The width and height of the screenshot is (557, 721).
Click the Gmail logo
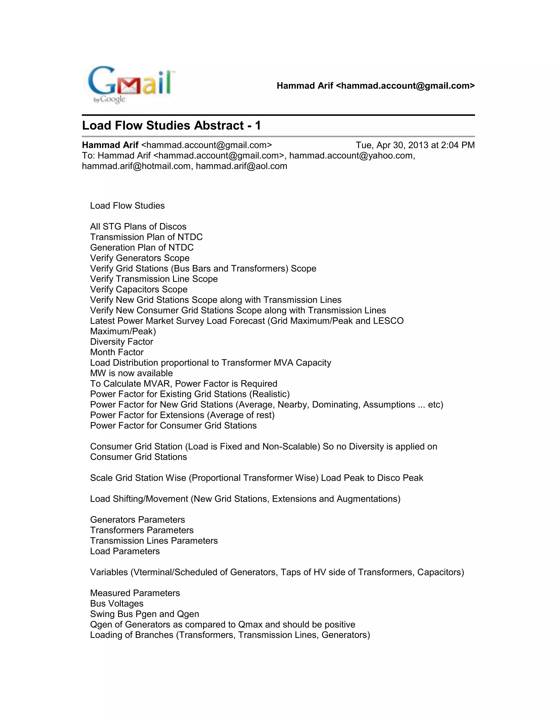pos(131,84)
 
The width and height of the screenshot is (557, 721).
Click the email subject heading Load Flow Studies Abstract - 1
pos(171,126)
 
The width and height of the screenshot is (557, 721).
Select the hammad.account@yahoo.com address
pos(351,155)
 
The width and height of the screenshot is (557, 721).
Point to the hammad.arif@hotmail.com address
pos(136,166)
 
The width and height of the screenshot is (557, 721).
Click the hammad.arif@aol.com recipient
pos(242,166)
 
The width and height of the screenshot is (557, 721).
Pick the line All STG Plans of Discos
pos(138,226)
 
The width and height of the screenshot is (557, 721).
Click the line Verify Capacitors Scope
pos(139,289)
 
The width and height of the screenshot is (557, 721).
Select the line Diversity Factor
pos(121,342)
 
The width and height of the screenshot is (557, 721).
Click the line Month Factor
pos(117,352)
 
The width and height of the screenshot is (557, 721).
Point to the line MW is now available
pos(131,373)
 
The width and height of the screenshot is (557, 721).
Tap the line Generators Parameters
pos(137,520)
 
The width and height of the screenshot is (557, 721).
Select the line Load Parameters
pos(125,551)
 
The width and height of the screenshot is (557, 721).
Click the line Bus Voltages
pos(117,604)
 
